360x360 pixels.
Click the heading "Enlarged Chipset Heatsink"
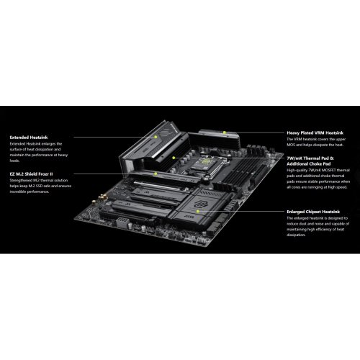[x=317, y=212]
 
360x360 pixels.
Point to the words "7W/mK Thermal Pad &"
[x=312, y=158]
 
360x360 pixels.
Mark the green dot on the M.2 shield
[x=156, y=173]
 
